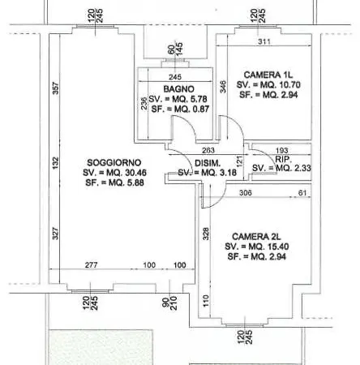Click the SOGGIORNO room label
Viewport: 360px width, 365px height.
pyautogui.click(x=114, y=162)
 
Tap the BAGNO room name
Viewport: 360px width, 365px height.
pyautogui.click(x=178, y=89)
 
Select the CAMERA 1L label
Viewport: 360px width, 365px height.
pyautogui.click(x=268, y=75)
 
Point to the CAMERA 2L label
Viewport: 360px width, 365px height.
pyautogui.click(x=256, y=237)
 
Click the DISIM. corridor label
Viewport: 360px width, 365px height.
pyautogui.click(x=208, y=163)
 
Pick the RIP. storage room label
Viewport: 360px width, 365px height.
pyautogui.click(x=283, y=159)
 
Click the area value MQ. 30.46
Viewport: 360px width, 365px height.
pyautogui.click(x=126, y=173)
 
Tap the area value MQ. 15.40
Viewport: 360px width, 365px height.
pyautogui.click(x=268, y=247)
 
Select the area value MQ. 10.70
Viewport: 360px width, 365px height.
pyautogui.click(x=280, y=85)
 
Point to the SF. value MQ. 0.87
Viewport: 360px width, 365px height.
pyautogui.click(x=191, y=109)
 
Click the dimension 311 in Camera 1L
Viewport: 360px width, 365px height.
pyautogui.click(x=264, y=41)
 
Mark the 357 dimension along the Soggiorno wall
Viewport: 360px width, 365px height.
pyautogui.click(x=55, y=88)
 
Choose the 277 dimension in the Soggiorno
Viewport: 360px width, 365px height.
pyautogui.click(x=91, y=265)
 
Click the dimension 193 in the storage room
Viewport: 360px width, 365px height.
pyautogui.click(x=281, y=150)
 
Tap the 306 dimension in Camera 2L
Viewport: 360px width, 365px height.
pyautogui.click(x=246, y=193)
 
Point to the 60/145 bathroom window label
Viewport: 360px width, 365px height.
pyautogui.click(x=175, y=49)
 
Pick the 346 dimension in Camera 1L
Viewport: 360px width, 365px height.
pyautogui.click(x=223, y=87)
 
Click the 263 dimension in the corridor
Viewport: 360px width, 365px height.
pyautogui.click(x=208, y=150)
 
